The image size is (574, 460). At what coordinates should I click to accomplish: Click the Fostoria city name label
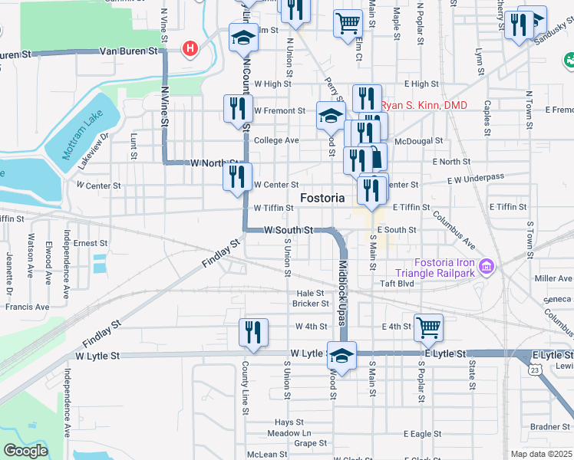pos(322,198)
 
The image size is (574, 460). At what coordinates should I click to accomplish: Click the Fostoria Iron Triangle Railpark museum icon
pos(485,267)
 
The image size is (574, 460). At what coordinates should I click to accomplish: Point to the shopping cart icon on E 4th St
pos(428,327)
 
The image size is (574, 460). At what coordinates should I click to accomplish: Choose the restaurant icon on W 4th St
pos(253,331)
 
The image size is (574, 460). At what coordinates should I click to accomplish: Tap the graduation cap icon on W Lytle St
pos(341,355)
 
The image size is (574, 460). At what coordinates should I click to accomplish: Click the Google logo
pos(25,451)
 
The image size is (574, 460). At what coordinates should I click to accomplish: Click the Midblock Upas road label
pos(343,283)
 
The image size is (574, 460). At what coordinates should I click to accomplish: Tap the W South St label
pos(289,230)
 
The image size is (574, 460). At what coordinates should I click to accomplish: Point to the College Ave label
pos(276,140)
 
